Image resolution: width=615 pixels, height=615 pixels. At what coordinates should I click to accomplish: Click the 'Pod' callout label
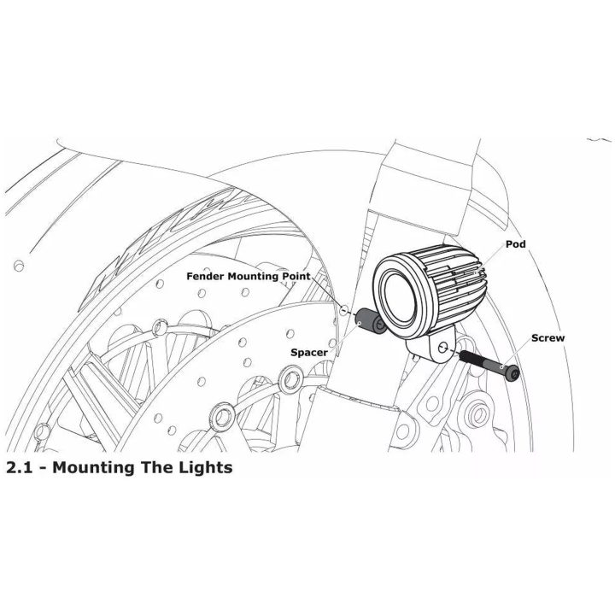tap(515, 244)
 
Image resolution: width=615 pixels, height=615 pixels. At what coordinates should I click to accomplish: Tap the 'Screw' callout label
tap(548, 337)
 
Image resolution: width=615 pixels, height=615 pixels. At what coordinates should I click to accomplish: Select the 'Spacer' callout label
tap(309, 352)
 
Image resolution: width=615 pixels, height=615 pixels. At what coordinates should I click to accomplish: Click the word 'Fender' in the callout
tap(206, 276)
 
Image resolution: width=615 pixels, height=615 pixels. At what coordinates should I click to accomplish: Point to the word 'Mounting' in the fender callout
tap(255, 277)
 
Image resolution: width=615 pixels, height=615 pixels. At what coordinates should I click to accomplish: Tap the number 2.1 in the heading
tap(19, 467)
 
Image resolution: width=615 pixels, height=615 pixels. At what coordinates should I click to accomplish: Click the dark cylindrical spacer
tap(370, 321)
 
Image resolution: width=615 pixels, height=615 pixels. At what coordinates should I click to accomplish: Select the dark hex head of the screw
tap(513, 373)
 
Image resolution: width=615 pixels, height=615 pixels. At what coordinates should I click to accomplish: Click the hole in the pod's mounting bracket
tap(442, 348)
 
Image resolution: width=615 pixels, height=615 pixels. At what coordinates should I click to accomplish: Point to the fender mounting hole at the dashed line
tap(344, 309)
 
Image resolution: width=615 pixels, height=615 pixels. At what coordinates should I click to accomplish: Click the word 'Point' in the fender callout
tap(297, 276)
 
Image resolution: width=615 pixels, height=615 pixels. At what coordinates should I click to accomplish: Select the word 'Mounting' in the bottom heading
tap(93, 468)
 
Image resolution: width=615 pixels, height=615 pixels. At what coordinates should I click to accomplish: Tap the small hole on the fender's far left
tap(19, 266)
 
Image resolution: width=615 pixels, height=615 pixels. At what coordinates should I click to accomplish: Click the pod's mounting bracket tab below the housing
tap(431, 347)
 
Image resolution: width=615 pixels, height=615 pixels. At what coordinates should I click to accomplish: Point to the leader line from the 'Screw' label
tap(517, 354)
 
